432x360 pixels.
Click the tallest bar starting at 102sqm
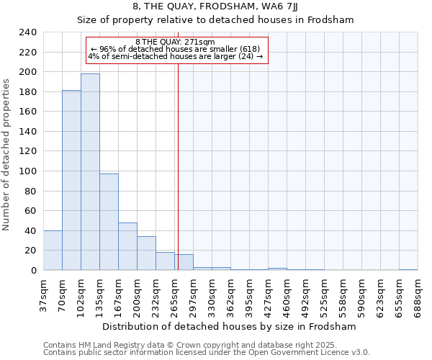point(90,171)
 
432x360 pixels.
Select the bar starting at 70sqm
point(71,180)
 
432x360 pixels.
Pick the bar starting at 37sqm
point(53,250)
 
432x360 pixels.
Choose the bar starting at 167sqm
point(127,246)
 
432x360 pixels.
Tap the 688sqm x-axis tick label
point(418,294)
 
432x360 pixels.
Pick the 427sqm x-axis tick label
point(269,294)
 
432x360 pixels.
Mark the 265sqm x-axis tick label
point(175,294)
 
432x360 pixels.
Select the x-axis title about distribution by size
point(229,326)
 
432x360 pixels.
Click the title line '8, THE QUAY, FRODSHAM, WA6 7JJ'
point(215,6)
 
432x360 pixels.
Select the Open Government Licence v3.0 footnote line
point(207,353)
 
